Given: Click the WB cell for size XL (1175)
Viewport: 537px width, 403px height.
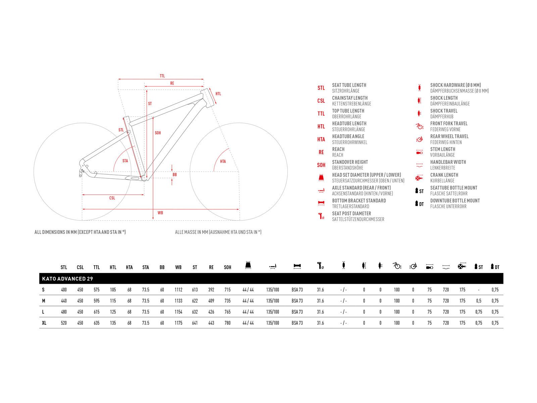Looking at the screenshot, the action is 178,323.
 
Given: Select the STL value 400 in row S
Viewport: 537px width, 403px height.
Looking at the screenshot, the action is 64,290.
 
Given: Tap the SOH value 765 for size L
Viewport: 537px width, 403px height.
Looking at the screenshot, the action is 228,312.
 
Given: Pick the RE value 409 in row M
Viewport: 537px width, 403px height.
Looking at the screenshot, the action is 211,301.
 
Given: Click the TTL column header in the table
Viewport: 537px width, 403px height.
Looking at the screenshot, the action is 97,267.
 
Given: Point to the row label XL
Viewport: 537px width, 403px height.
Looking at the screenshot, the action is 44,323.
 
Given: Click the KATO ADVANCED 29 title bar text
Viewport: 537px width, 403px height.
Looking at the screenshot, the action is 67,279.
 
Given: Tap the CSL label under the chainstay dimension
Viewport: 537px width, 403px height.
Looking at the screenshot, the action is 112,198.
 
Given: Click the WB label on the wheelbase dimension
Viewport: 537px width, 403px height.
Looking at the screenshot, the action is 160,213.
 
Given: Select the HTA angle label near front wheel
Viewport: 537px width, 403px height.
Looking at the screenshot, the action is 223,161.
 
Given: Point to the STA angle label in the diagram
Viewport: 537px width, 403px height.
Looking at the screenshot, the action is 125,161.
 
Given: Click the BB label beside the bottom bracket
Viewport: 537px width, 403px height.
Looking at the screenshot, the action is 175,175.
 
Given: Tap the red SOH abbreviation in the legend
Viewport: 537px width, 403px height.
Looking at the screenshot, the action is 321,165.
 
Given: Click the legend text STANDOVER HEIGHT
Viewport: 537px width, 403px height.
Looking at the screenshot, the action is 350,162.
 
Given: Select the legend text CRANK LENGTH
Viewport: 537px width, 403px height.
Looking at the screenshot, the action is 444,175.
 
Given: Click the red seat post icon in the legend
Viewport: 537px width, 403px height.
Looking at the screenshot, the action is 321,216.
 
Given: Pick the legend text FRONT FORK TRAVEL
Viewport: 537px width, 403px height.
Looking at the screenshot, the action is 449,124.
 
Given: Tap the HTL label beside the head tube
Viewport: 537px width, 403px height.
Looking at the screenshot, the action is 218,94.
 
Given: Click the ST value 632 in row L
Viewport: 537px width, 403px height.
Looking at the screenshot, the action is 195,312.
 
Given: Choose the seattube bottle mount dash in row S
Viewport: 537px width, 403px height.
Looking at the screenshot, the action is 479,290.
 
